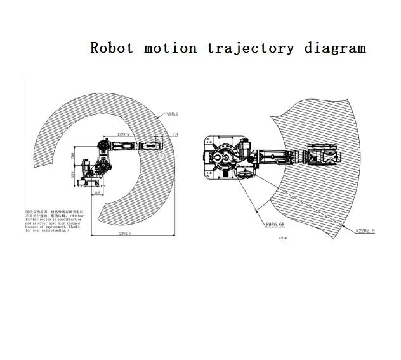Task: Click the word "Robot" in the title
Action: [x=112, y=48]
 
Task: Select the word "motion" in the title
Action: [x=170, y=48]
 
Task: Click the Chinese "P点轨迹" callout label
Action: [x=171, y=114]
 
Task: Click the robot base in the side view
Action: [x=89, y=183]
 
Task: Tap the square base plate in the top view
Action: [x=222, y=158]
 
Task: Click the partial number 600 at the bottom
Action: [x=283, y=239]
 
